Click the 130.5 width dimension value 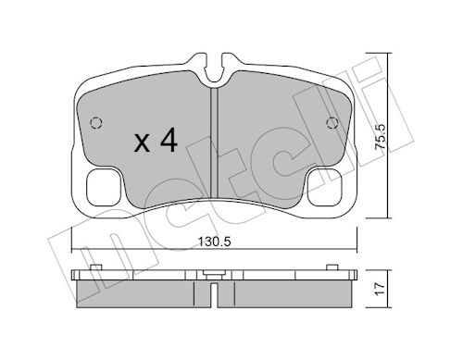tap(215, 242)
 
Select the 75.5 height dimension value tap(381, 137)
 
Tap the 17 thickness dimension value tap(381, 289)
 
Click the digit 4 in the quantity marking tap(169, 140)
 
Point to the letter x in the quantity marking tap(143, 143)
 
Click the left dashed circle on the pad tap(96, 123)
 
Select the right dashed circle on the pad tap(332, 123)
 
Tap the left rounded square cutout tap(103, 187)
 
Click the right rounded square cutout tap(325, 187)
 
